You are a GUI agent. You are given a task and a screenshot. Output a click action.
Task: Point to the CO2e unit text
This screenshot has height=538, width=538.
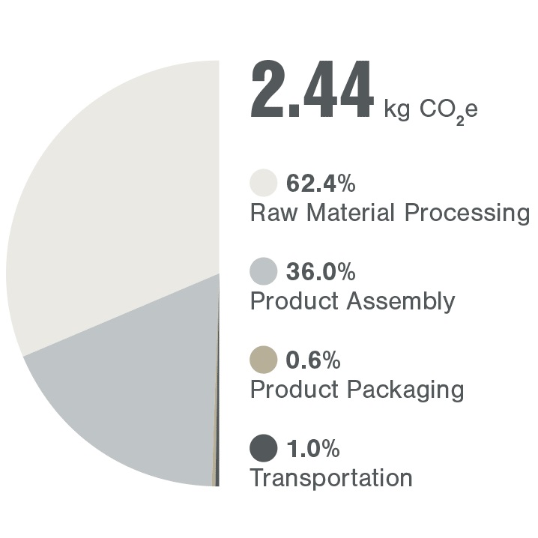pyautogui.click(x=448, y=110)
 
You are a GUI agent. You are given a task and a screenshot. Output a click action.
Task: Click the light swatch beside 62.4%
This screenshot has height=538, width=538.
pyautogui.click(x=263, y=184)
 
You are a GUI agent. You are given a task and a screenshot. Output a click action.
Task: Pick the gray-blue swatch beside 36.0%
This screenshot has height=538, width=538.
pyautogui.click(x=263, y=271)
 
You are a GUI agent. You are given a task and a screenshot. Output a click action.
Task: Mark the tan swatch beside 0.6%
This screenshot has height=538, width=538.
pyautogui.click(x=263, y=360)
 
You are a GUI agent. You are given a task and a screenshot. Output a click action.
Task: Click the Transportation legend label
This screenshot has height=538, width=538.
pyautogui.click(x=330, y=477)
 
